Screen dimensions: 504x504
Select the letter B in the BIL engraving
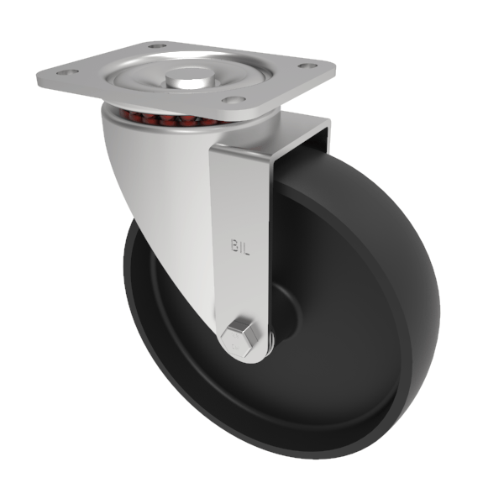234,246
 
